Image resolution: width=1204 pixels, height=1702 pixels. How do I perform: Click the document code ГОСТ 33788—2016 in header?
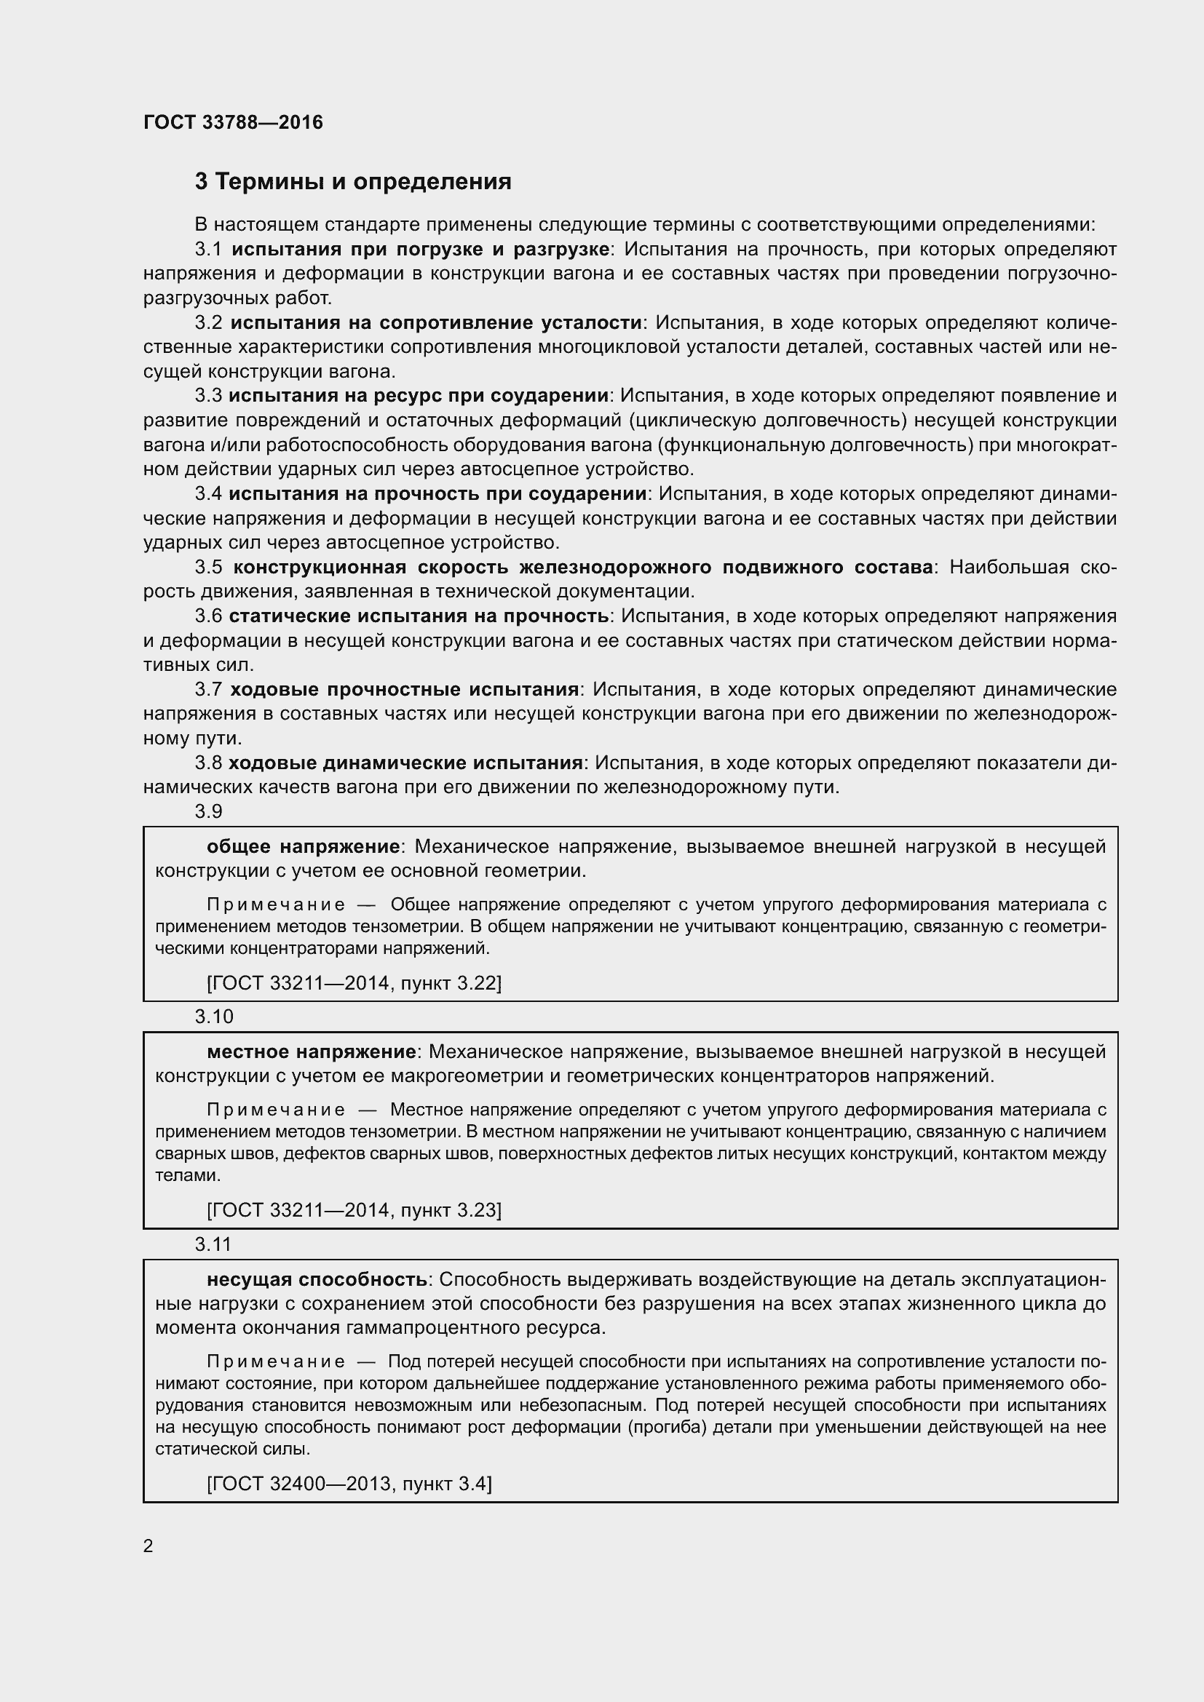click(233, 122)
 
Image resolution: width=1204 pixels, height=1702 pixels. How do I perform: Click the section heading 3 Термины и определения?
click(353, 182)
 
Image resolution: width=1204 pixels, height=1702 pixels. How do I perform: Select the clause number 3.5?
click(208, 568)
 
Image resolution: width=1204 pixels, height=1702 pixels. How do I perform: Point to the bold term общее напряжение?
click(304, 846)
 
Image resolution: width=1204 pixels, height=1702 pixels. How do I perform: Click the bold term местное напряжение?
click(312, 1052)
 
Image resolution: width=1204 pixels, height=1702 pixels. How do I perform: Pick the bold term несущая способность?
click(317, 1280)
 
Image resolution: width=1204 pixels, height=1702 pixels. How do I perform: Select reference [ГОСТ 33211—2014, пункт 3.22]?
click(355, 983)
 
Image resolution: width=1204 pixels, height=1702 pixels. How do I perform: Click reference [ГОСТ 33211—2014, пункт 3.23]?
click(355, 1211)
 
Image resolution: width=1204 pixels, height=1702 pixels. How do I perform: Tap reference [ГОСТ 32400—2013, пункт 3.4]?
click(349, 1483)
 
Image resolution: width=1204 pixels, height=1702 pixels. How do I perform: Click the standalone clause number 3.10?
click(214, 1017)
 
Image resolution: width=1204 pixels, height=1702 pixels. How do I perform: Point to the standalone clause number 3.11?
click(213, 1244)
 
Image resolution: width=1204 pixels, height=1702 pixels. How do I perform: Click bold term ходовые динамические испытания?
click(405, 763)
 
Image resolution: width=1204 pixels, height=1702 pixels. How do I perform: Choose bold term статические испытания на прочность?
click(419, 616)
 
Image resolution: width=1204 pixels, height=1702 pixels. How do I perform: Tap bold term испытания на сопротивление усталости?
click(436, 322)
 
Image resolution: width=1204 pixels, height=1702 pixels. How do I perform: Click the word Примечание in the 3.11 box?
click(276, 1361)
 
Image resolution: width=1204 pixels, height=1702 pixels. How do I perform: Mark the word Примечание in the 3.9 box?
click(276, 905)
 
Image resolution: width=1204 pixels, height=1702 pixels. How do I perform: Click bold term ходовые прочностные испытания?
click(404, 689)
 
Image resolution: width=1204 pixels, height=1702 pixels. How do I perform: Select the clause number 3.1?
click(208, 249)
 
